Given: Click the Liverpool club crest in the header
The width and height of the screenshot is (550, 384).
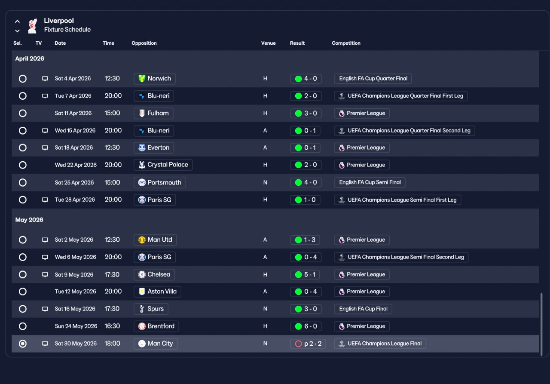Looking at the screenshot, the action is (x=32, y=26).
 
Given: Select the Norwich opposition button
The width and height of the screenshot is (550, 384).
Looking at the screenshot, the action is (x=154, y=79).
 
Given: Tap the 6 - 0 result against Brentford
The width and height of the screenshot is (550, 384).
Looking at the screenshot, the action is (x=306, y=326).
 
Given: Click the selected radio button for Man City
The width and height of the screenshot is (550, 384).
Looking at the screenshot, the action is (x=23, y=344).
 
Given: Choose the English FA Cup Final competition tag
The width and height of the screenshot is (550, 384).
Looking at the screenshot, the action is (x=363, y=309).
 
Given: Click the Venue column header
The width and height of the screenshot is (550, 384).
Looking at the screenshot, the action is (x=269, y=43).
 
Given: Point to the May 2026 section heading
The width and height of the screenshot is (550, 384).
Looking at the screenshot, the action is (x=29, y=220).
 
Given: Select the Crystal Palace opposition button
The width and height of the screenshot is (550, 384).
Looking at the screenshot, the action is (x=163, y=165).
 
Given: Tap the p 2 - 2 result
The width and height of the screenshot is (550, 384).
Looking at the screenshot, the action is (x=308, y=344).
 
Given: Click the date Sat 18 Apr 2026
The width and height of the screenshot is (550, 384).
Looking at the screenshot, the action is (x=73, y=147).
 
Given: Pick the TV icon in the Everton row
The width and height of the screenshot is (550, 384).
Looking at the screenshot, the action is (x=45, y=147).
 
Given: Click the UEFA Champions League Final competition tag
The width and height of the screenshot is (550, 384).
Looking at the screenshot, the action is (x=380, y=344).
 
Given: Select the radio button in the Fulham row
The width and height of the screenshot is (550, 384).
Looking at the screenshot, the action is (x=23, y=113).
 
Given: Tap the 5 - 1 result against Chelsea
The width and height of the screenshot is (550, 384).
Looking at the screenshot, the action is (x=305, y=274).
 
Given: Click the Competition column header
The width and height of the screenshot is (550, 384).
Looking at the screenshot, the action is (x=346, y=43).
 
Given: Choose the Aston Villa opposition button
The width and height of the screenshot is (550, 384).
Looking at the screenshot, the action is (x=157, y=292).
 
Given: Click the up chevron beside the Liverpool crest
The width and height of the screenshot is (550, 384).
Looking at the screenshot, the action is (x=17, y=22).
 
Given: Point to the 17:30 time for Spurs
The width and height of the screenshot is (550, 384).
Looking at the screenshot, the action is (x=112, y=309).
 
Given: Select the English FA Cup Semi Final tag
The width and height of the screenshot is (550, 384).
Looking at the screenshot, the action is (x=370, y=182).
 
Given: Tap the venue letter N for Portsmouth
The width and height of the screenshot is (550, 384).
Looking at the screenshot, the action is (x=265, y=183).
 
